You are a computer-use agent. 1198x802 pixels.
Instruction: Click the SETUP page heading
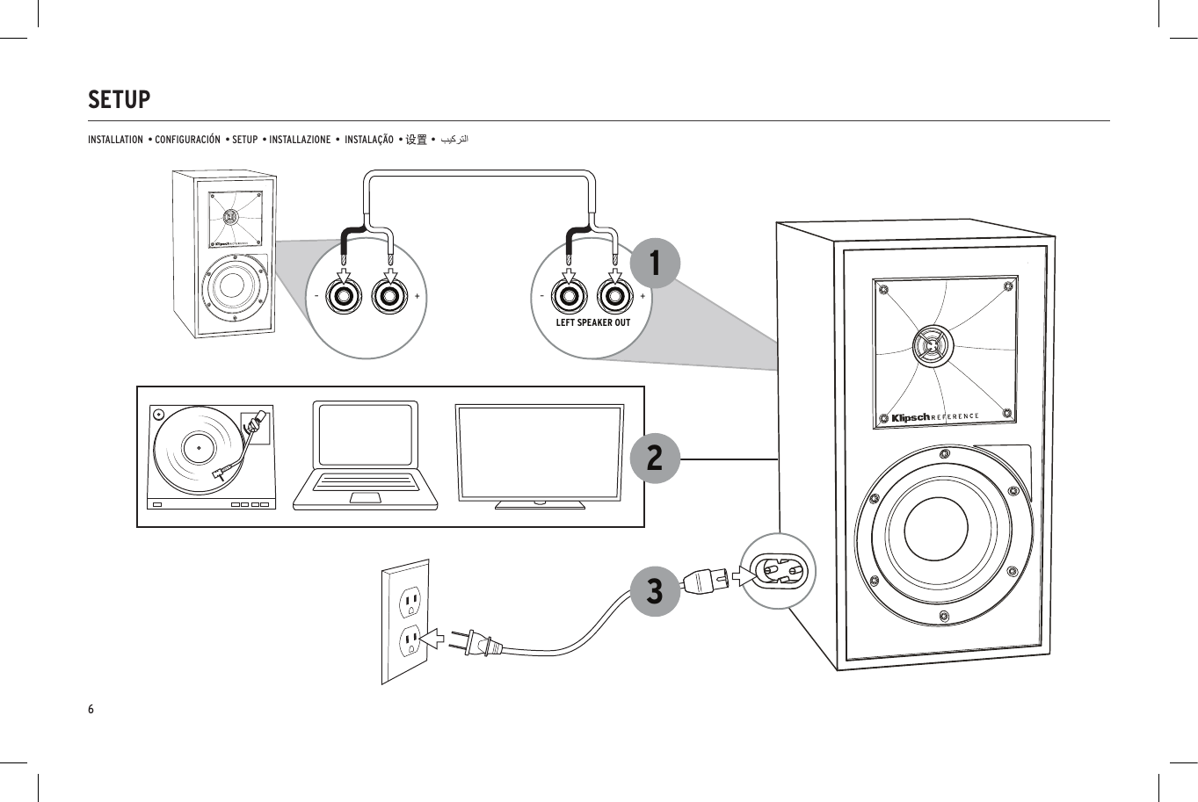120,100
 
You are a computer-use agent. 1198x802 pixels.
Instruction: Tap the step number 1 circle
654,263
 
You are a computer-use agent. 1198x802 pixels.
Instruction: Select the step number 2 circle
654,458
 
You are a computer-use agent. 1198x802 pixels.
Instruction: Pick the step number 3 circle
654,590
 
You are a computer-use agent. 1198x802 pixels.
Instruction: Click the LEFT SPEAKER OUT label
593,322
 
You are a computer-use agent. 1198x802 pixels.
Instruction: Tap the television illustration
540,456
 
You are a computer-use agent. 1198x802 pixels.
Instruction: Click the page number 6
91,709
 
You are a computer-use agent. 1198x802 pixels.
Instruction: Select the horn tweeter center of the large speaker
932,345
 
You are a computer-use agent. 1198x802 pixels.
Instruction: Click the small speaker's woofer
234,285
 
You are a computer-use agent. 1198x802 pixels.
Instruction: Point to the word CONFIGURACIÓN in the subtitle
187,140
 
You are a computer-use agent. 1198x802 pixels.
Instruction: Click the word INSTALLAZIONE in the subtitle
301,140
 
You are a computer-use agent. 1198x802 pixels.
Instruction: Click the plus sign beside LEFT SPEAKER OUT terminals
643,296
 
